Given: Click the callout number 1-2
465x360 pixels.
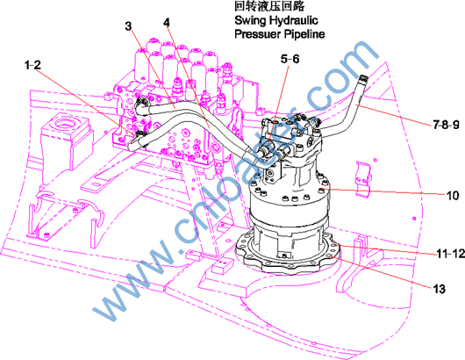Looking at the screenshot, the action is pos(32,65).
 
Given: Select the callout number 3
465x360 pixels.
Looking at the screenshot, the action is pos(128,26).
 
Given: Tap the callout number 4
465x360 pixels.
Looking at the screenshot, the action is pos(167,23).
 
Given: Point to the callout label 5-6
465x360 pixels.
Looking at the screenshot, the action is pos(290,59).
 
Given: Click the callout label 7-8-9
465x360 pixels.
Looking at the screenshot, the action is pos(446,125).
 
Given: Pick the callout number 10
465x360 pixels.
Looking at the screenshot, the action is pos(453,196).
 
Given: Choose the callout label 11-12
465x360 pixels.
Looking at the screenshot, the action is pos(450,253).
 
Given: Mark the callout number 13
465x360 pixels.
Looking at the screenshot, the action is pos(440,289).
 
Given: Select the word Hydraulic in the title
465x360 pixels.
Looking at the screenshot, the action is pos(293,20).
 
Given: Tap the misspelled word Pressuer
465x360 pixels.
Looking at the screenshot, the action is pos(257,34).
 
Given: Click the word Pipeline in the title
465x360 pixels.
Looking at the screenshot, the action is pos(304,34).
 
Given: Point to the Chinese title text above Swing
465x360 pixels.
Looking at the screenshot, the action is pos(269,6).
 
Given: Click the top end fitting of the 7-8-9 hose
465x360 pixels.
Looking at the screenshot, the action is pos(363,79).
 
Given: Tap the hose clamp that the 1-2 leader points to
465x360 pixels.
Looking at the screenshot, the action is pos(139,134).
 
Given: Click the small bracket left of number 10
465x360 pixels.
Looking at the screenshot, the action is pos(363,179).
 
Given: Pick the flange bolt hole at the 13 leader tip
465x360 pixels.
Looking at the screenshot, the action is pos(331,256).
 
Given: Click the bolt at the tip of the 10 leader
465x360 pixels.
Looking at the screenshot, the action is pos(322,190).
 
